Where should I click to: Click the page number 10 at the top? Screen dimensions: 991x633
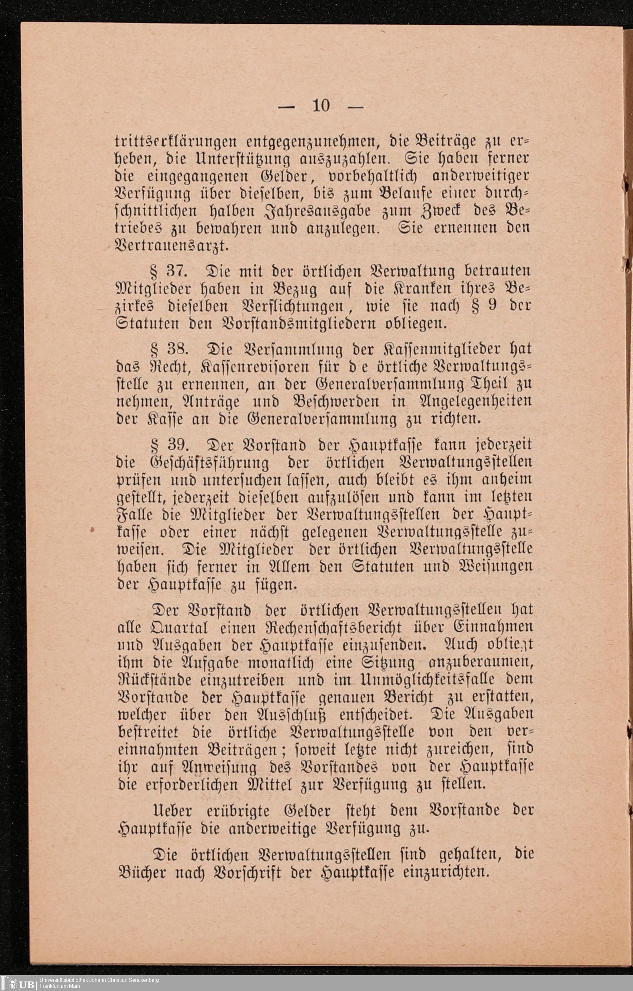pos(321,106)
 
